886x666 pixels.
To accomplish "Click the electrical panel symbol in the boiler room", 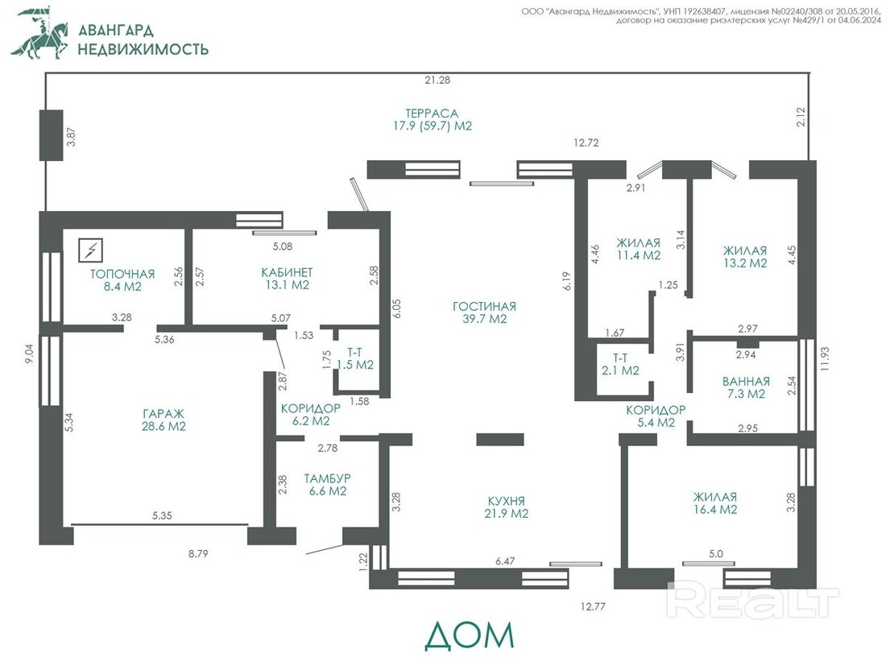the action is click(x=90, y=250).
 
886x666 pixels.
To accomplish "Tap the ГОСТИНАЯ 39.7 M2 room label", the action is click(x=484, y=312).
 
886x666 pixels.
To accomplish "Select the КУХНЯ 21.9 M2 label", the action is click(x=507, y=507).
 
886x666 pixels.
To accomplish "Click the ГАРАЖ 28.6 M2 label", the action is click(x=164, y=420).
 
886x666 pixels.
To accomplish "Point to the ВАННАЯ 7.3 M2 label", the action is click(x=746, y=387).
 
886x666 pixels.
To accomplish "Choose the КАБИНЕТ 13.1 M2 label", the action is click(x=287, y=279).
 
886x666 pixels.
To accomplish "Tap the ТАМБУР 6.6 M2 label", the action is click(x=328, y=485).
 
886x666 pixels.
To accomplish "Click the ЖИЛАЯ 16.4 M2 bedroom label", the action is click(x=715, y=503).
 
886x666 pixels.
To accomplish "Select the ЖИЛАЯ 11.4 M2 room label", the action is click(x=639, y=249).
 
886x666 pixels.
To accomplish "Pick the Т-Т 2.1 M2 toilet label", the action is click(x=620, y=364).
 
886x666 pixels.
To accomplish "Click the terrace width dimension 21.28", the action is click(x=437, y=81).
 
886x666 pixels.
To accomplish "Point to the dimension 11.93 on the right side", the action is click(x=826, y=358).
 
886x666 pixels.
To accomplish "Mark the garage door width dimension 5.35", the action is click(x=162, y=515).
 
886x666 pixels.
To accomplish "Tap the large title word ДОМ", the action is click(x=470, y=635).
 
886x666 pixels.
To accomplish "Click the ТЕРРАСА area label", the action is click(x=433, y=120).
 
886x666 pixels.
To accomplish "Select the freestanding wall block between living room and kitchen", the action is click(x=500, y=440).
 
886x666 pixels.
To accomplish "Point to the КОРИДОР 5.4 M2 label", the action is click(x=656, y=416).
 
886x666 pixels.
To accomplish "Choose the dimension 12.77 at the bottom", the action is click(x=593, y=606).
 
